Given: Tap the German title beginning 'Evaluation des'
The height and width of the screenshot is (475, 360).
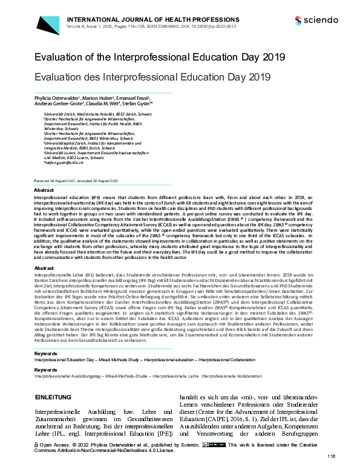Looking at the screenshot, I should click(151, 77).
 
